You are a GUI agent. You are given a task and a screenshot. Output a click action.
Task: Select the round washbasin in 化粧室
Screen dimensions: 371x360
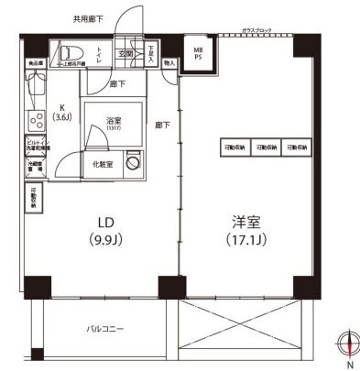pos(134,163)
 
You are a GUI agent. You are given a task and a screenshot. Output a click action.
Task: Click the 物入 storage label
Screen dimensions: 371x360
pos(169,63)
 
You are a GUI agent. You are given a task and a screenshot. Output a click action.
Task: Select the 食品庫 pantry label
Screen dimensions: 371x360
pos(35,63)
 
